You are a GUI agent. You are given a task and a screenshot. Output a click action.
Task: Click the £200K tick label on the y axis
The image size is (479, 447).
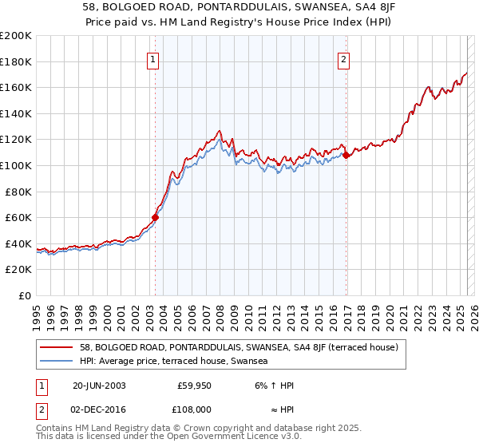(16, 36)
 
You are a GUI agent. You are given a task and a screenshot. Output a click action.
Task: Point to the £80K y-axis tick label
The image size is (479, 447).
(18, 192)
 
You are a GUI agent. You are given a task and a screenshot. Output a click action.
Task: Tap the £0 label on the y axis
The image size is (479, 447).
(25, 295)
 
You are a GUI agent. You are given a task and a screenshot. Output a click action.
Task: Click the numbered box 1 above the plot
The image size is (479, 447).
(152, 58)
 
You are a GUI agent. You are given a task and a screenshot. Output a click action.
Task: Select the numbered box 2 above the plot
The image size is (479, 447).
(344, 58)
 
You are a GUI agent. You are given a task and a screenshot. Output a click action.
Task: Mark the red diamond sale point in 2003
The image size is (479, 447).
(156, 217)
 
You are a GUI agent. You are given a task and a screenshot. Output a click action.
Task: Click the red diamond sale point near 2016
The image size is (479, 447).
(346, 155)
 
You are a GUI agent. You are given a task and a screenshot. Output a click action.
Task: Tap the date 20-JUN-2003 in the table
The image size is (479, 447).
(99, 386)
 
